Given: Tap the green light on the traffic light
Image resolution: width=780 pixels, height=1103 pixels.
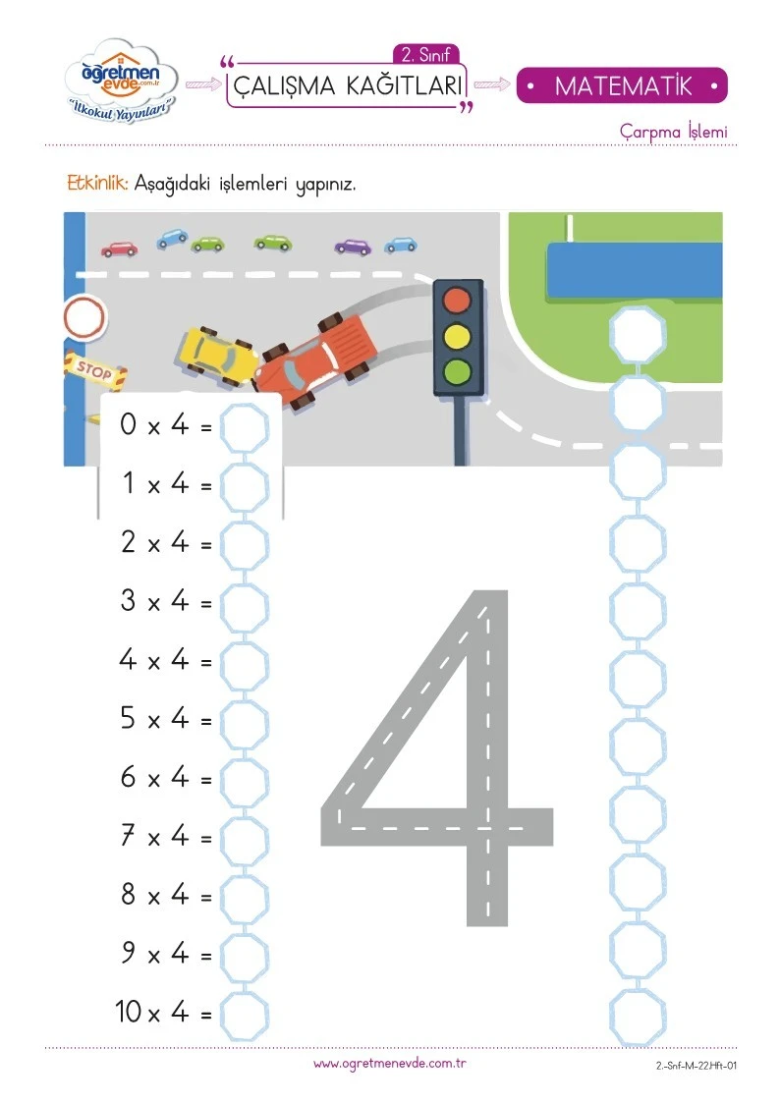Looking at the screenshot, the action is pos(457,370).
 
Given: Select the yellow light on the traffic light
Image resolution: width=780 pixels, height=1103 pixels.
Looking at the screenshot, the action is pos(457,336).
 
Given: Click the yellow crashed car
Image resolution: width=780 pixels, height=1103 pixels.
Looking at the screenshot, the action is pos(217,356).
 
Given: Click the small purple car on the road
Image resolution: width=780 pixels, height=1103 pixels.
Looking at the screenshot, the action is pos(353,247).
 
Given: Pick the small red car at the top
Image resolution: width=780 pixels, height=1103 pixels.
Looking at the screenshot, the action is pos(120,248).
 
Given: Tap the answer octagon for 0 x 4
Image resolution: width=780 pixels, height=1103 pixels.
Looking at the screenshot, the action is pos(244,427).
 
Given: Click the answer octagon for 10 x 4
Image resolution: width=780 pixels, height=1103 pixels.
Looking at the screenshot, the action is pos(244,1016).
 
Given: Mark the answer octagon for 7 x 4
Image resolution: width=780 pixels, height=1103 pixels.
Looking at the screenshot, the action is pos(244,840).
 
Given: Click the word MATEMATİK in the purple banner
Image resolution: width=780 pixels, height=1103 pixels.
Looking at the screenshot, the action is pos(623,85).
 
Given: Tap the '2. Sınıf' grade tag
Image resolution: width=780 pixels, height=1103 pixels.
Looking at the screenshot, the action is pos(425,55).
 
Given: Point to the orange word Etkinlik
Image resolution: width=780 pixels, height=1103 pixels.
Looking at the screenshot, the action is pos(98,184).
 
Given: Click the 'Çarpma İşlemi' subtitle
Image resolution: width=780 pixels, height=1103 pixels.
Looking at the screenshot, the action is pos(673,132).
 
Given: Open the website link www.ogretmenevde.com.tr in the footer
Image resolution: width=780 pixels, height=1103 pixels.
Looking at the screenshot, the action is pos(390,1064).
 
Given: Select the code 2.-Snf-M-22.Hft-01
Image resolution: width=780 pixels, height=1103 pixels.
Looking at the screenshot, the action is pos(696,1065).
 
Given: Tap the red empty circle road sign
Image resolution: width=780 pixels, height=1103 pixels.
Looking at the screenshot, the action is pos(84,318).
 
